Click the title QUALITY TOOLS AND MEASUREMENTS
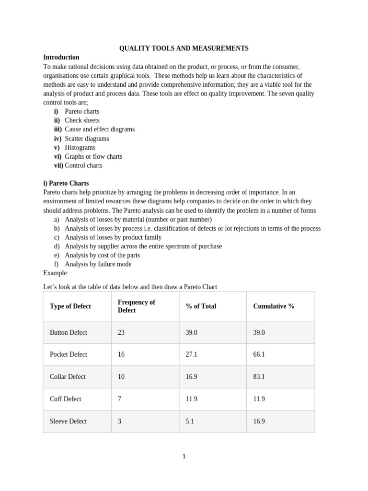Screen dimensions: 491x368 coord(184,48)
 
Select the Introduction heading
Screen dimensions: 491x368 coord(61,58)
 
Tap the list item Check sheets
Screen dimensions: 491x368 coord(82,120)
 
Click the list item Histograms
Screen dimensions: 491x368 coord(80,148)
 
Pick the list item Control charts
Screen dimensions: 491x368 coord(83,165)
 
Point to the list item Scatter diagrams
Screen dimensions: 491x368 coord(87,139)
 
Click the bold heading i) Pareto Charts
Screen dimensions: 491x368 coord(66,183)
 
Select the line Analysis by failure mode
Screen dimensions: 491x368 coord(98,264)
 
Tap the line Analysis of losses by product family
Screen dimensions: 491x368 coord(113,237)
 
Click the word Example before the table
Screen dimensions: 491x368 coord(56,273)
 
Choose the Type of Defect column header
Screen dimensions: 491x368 coord(70,306)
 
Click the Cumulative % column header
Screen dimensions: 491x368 coord(274,306)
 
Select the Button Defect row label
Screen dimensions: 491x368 coord(69,332)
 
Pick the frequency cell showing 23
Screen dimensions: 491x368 coord(121,332)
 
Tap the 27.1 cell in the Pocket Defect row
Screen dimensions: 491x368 coord(192,354)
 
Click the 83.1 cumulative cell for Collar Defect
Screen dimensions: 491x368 coord(259,377)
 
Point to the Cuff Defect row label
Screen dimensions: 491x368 coord(66,399)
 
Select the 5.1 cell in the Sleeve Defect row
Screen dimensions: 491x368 coord(190,421)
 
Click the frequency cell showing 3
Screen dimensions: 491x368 coord(120,421)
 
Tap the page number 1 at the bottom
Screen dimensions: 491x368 coord(184,456)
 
